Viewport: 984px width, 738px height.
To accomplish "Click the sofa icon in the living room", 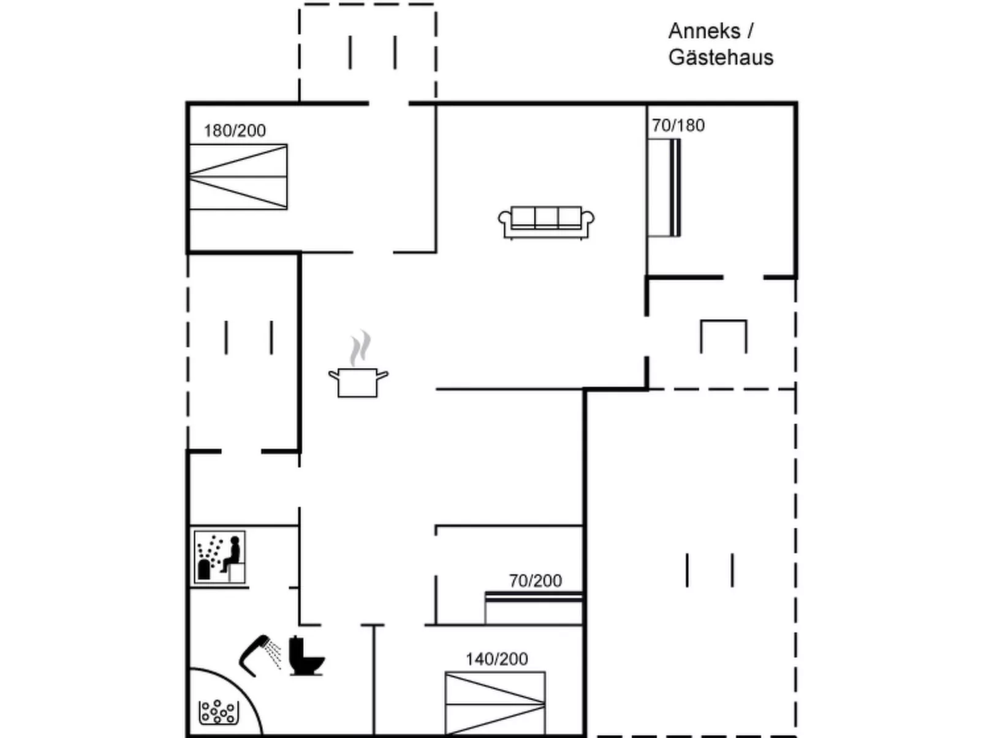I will (x=546, y=222).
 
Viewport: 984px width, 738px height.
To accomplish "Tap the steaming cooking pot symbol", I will (x=358, y=381).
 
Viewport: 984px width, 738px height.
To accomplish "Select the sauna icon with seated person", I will (x=219, y=556).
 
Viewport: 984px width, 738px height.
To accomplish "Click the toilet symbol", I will (x=305, y=657).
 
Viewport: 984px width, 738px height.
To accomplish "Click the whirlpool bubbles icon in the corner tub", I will (x=218, y=712).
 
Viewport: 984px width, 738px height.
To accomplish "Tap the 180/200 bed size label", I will (x=235, y=130).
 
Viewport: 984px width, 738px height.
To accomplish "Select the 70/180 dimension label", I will (x=678, y=126).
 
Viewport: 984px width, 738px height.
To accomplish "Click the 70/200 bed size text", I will (x=535, y=581).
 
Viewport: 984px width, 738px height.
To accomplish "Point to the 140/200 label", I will (x=496, y=659).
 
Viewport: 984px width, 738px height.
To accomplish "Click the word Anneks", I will (x=705, y=31).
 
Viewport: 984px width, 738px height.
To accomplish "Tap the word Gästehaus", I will (x=721, y=58).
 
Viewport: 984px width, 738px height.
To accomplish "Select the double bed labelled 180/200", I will (x=238, y=177).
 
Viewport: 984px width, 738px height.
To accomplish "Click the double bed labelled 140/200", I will (x=495, y=703).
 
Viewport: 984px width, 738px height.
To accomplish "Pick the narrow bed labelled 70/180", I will (x=664, y=187).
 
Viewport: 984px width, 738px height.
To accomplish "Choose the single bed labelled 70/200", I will (x=533, y=608).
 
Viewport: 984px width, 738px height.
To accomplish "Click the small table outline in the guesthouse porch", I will (x=724, y=336).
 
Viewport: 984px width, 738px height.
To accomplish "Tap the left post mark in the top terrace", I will (x=350, y=52).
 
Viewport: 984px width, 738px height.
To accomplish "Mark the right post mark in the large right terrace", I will (x=732, y=570).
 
